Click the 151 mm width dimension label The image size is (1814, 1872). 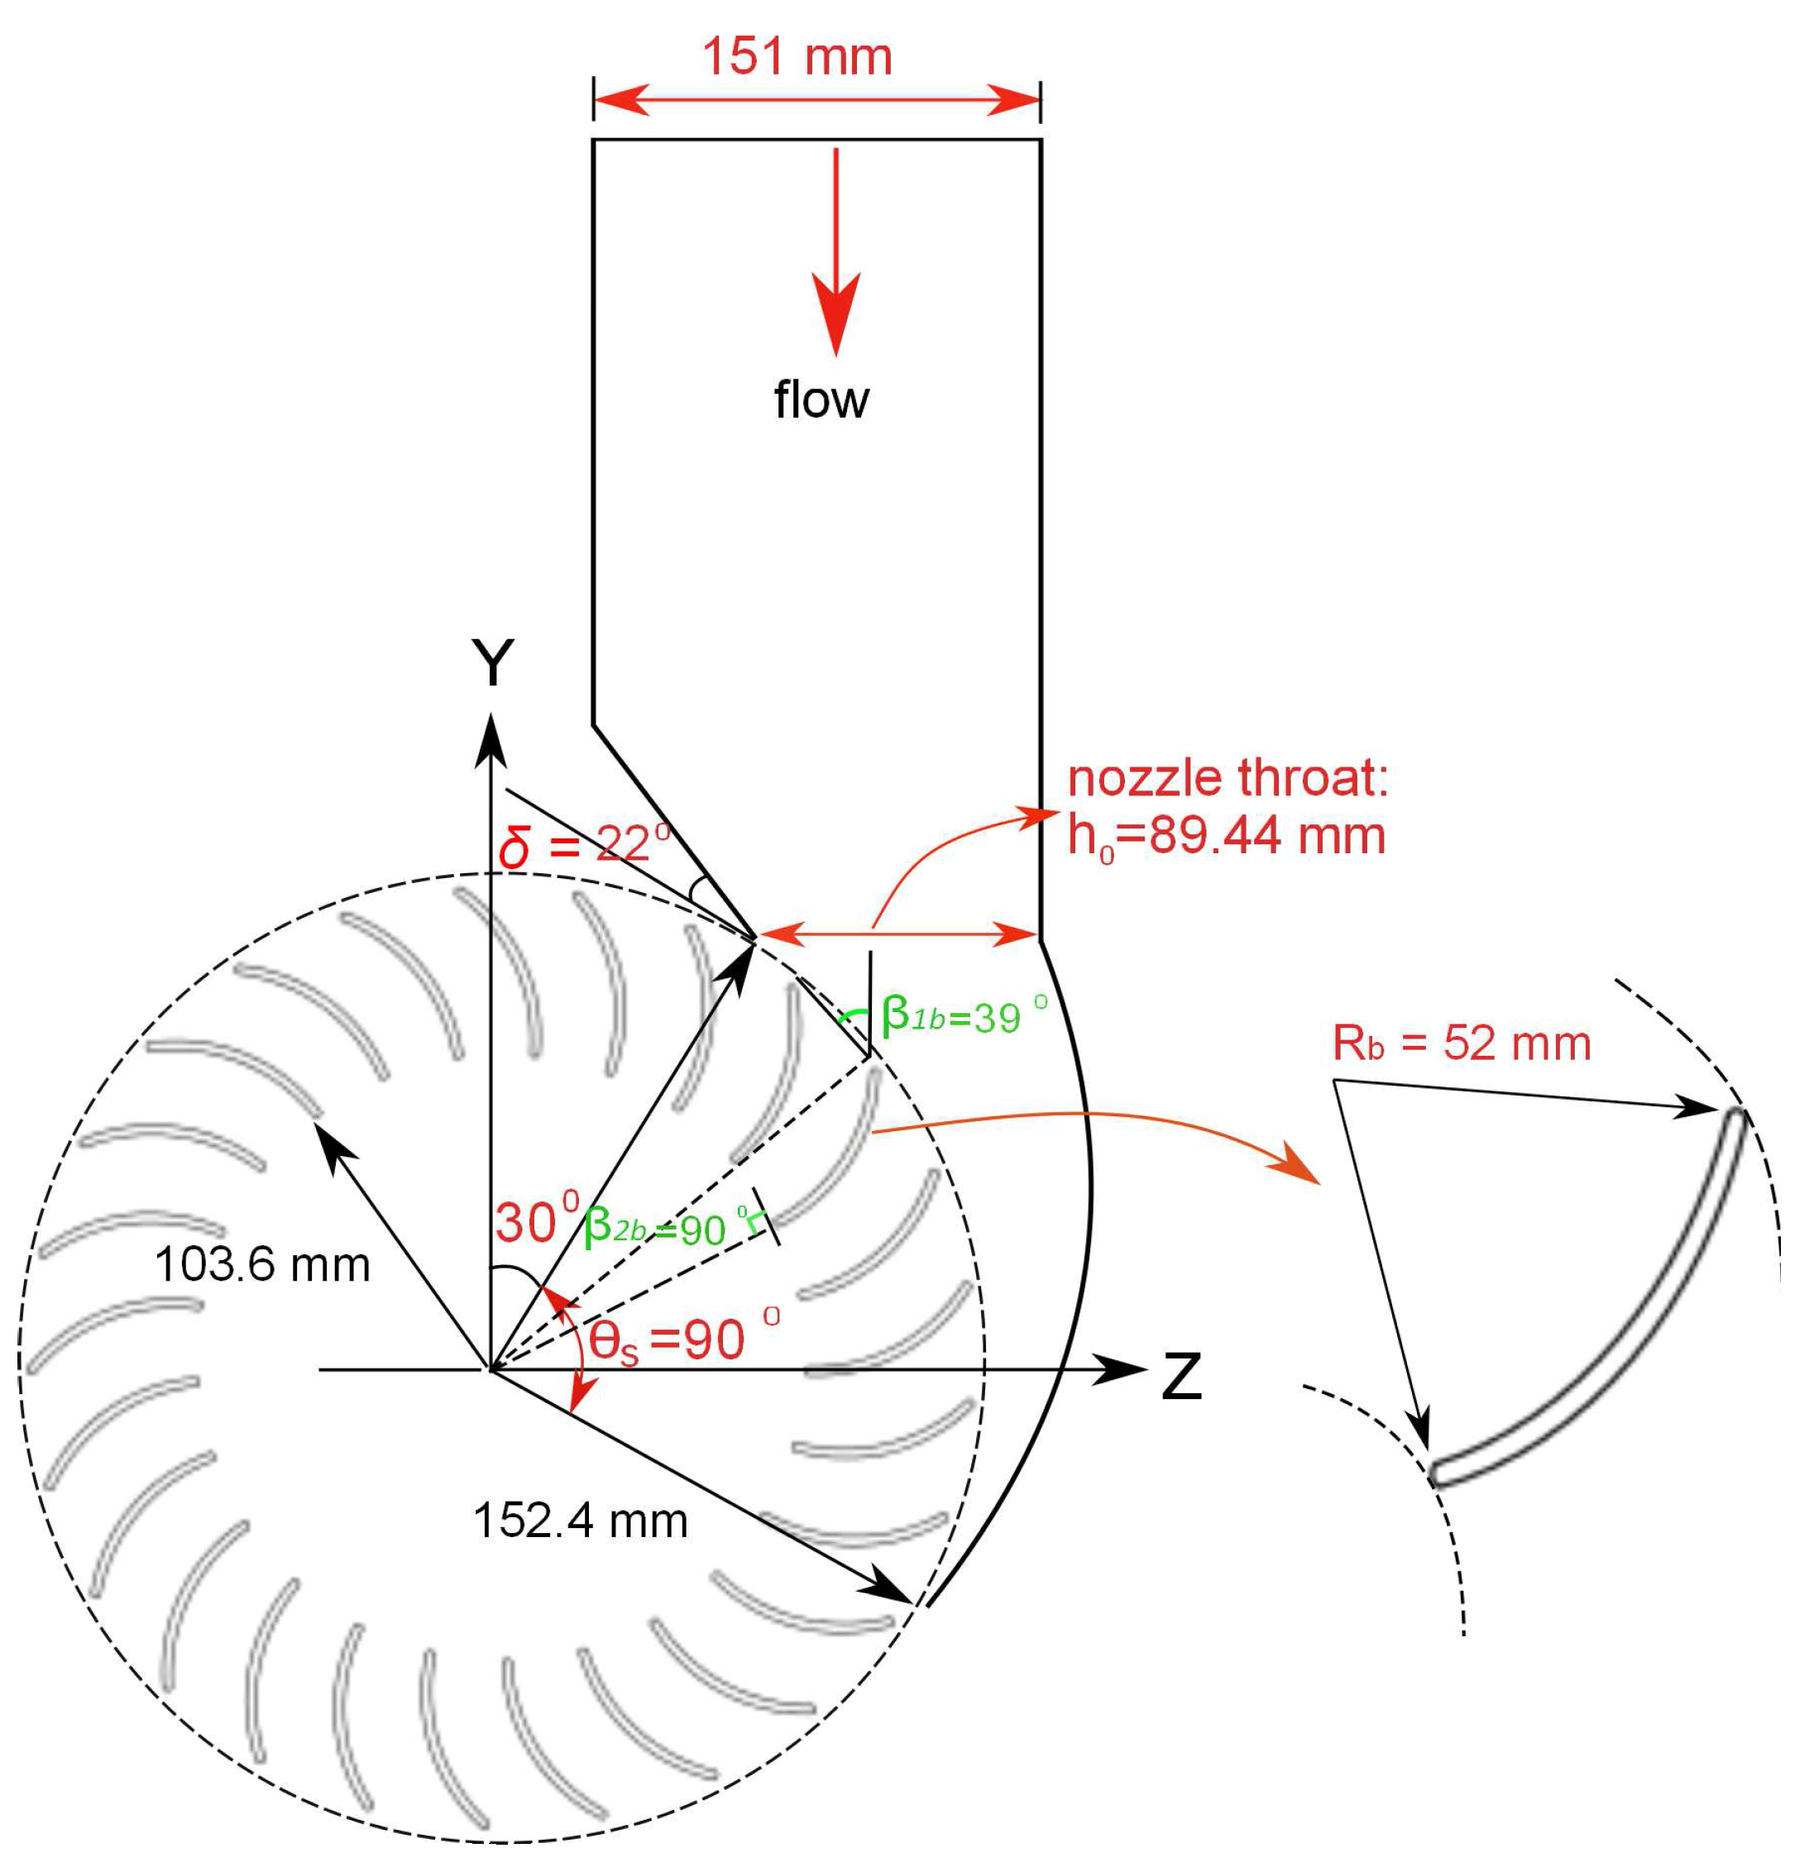pos(797,57)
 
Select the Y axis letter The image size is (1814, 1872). pos(493,664)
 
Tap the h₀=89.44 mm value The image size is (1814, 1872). pos(1227,837)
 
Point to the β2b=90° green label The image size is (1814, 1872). pos(666,1226)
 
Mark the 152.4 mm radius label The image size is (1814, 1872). pos(580,1521)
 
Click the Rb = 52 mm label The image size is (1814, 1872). pos(1462,1043)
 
